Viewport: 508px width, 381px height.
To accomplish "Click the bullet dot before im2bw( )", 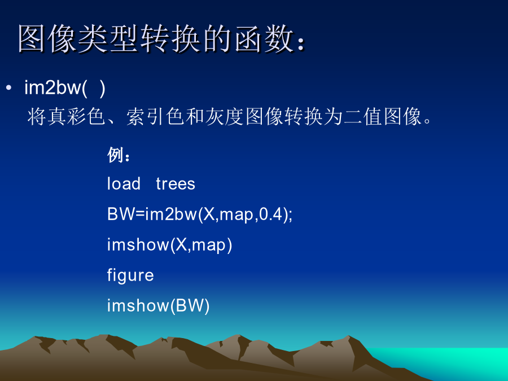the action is [8, 87].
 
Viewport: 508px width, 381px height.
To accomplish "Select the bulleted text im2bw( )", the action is [65, 88].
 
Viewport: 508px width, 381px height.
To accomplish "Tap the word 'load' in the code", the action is [124, 183].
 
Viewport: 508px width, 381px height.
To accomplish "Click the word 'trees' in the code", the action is [176, 183].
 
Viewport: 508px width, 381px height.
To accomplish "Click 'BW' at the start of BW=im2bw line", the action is [121, 214].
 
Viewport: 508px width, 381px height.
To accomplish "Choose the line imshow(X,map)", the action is [170, 244].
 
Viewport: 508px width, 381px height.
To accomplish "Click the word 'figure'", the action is [130, 275].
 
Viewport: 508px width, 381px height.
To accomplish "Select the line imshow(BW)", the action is [159, 305].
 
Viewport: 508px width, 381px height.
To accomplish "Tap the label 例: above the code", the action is [119, 155].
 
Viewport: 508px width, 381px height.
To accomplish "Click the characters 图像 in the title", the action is [47, 39].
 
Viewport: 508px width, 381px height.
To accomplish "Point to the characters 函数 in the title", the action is [264, 39].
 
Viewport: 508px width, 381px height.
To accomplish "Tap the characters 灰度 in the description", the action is [224, 117].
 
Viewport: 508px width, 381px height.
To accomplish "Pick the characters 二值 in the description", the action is [363, 117].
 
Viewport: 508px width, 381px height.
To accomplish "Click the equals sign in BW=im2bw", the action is [139, 214].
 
